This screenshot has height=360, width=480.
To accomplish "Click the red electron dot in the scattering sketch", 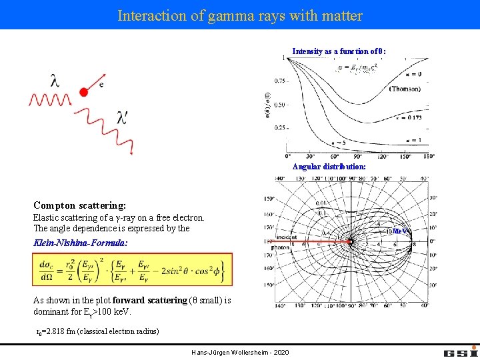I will pyautogui.click(x=83, y=92).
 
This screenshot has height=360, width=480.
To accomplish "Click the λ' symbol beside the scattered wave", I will pyautogui.click(x=122, y=118).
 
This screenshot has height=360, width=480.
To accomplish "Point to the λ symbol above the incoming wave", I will pyautogui.click(x=55, y=81).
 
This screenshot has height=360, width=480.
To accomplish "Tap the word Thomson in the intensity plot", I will pyautogui.click(x=405, y=89).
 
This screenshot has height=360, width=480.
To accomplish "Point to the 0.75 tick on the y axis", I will pyautogui.click(x=279, y=81).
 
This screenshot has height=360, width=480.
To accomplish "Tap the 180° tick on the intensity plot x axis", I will pyautogui.click(x=427, y=156).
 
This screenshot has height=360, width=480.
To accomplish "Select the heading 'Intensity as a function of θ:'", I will pyautogui.click(x=339, y=51).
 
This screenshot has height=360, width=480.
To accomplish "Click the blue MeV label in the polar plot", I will pyautogui.click(x=399, y=231).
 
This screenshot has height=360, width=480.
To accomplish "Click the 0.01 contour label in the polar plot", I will pyautogui.click(x=321, y=203).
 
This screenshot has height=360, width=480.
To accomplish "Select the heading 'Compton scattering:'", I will pyautogui.click(x=79, y=206).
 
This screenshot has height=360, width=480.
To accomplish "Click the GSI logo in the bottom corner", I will pyautogui.click(x=459, y=351).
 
